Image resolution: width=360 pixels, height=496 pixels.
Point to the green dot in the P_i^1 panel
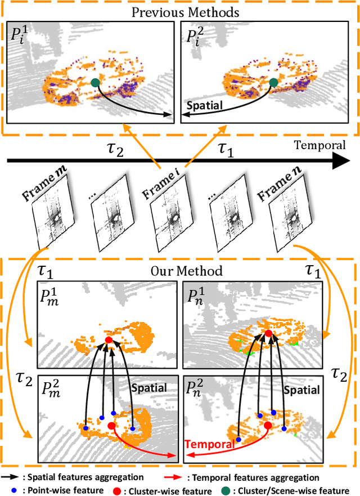tap(94, 82)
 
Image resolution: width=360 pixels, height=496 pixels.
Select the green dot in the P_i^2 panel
tap(273, 82)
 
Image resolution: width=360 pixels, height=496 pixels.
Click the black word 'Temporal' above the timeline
tap(320, 145)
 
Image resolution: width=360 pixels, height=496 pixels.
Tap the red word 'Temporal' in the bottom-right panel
tap(210, 445)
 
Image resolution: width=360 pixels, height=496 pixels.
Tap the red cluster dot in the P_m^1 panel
tap(109, 340)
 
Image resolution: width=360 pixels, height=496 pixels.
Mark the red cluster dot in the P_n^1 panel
tap(268, 334)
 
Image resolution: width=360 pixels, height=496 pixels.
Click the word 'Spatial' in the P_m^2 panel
tap(148, 388)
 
